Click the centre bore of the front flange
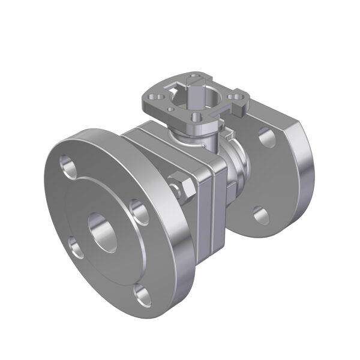pos(103,231)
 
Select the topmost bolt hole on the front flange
pos(67,166)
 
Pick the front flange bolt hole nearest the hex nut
pos(139,211)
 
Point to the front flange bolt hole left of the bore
pos(74,247)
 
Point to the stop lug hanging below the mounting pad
pos(238,107)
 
